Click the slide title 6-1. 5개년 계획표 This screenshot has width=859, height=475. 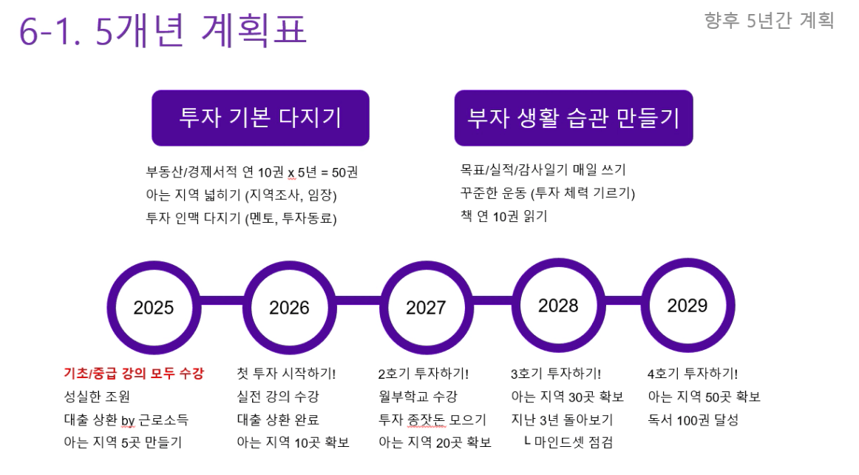pos(163,30)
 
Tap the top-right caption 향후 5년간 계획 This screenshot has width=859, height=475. pos(769,20)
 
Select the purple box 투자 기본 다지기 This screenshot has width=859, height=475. pos(260,118)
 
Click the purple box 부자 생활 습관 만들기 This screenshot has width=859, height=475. pos(574,118)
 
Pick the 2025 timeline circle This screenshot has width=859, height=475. pos(154,308)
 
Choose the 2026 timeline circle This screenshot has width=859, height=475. pos(289,308)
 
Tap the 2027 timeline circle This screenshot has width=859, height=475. pos(426,308)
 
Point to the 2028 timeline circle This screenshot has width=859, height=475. pos(558,306)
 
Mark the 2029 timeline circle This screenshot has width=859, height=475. pos(687,306)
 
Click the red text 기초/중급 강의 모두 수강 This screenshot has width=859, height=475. pos(134,374)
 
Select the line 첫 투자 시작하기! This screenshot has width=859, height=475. pos(286,374)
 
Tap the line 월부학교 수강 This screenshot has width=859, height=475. pos(418,397)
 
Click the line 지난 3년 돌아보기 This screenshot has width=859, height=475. pos(562,420)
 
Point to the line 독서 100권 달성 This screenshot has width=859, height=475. pos(693,420)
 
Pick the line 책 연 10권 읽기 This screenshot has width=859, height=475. pos(504,216)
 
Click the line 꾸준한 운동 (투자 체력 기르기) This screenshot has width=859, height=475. pos(548,193)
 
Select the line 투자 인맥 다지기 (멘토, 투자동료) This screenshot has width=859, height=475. pos(241,218)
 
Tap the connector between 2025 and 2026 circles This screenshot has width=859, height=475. pos(222,300)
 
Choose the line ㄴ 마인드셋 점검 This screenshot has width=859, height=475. pos(568,442)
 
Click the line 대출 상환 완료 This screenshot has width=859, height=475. pos(278,420)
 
